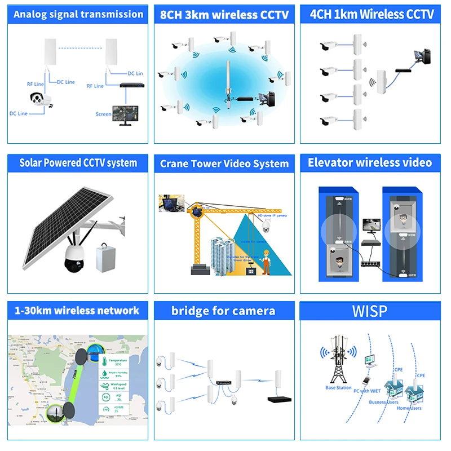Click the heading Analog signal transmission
tap(78, 14)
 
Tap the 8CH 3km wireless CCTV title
tap(224, 15)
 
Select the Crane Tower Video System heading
tap(224, 163)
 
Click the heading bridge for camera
tap(224, 311)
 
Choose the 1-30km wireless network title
tap(78, 310)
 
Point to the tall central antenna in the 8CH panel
tap(228, 85)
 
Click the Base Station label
tap(338, 388)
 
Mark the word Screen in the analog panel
tap(103, 114)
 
